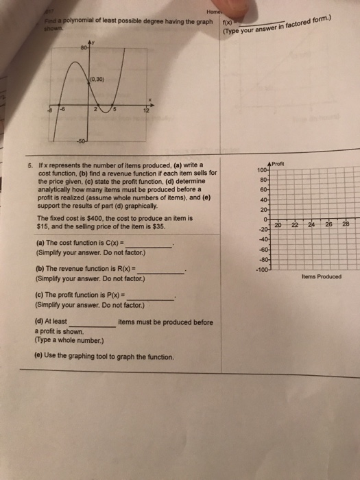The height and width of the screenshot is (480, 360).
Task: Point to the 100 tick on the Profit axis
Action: [x=261, y=169]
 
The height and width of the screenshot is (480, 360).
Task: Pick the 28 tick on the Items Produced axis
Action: [x=345, y=224]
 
